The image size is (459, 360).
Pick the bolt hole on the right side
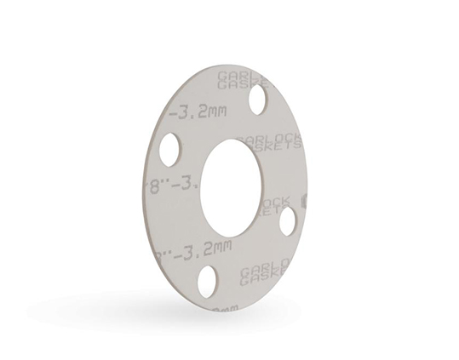[287, 220]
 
